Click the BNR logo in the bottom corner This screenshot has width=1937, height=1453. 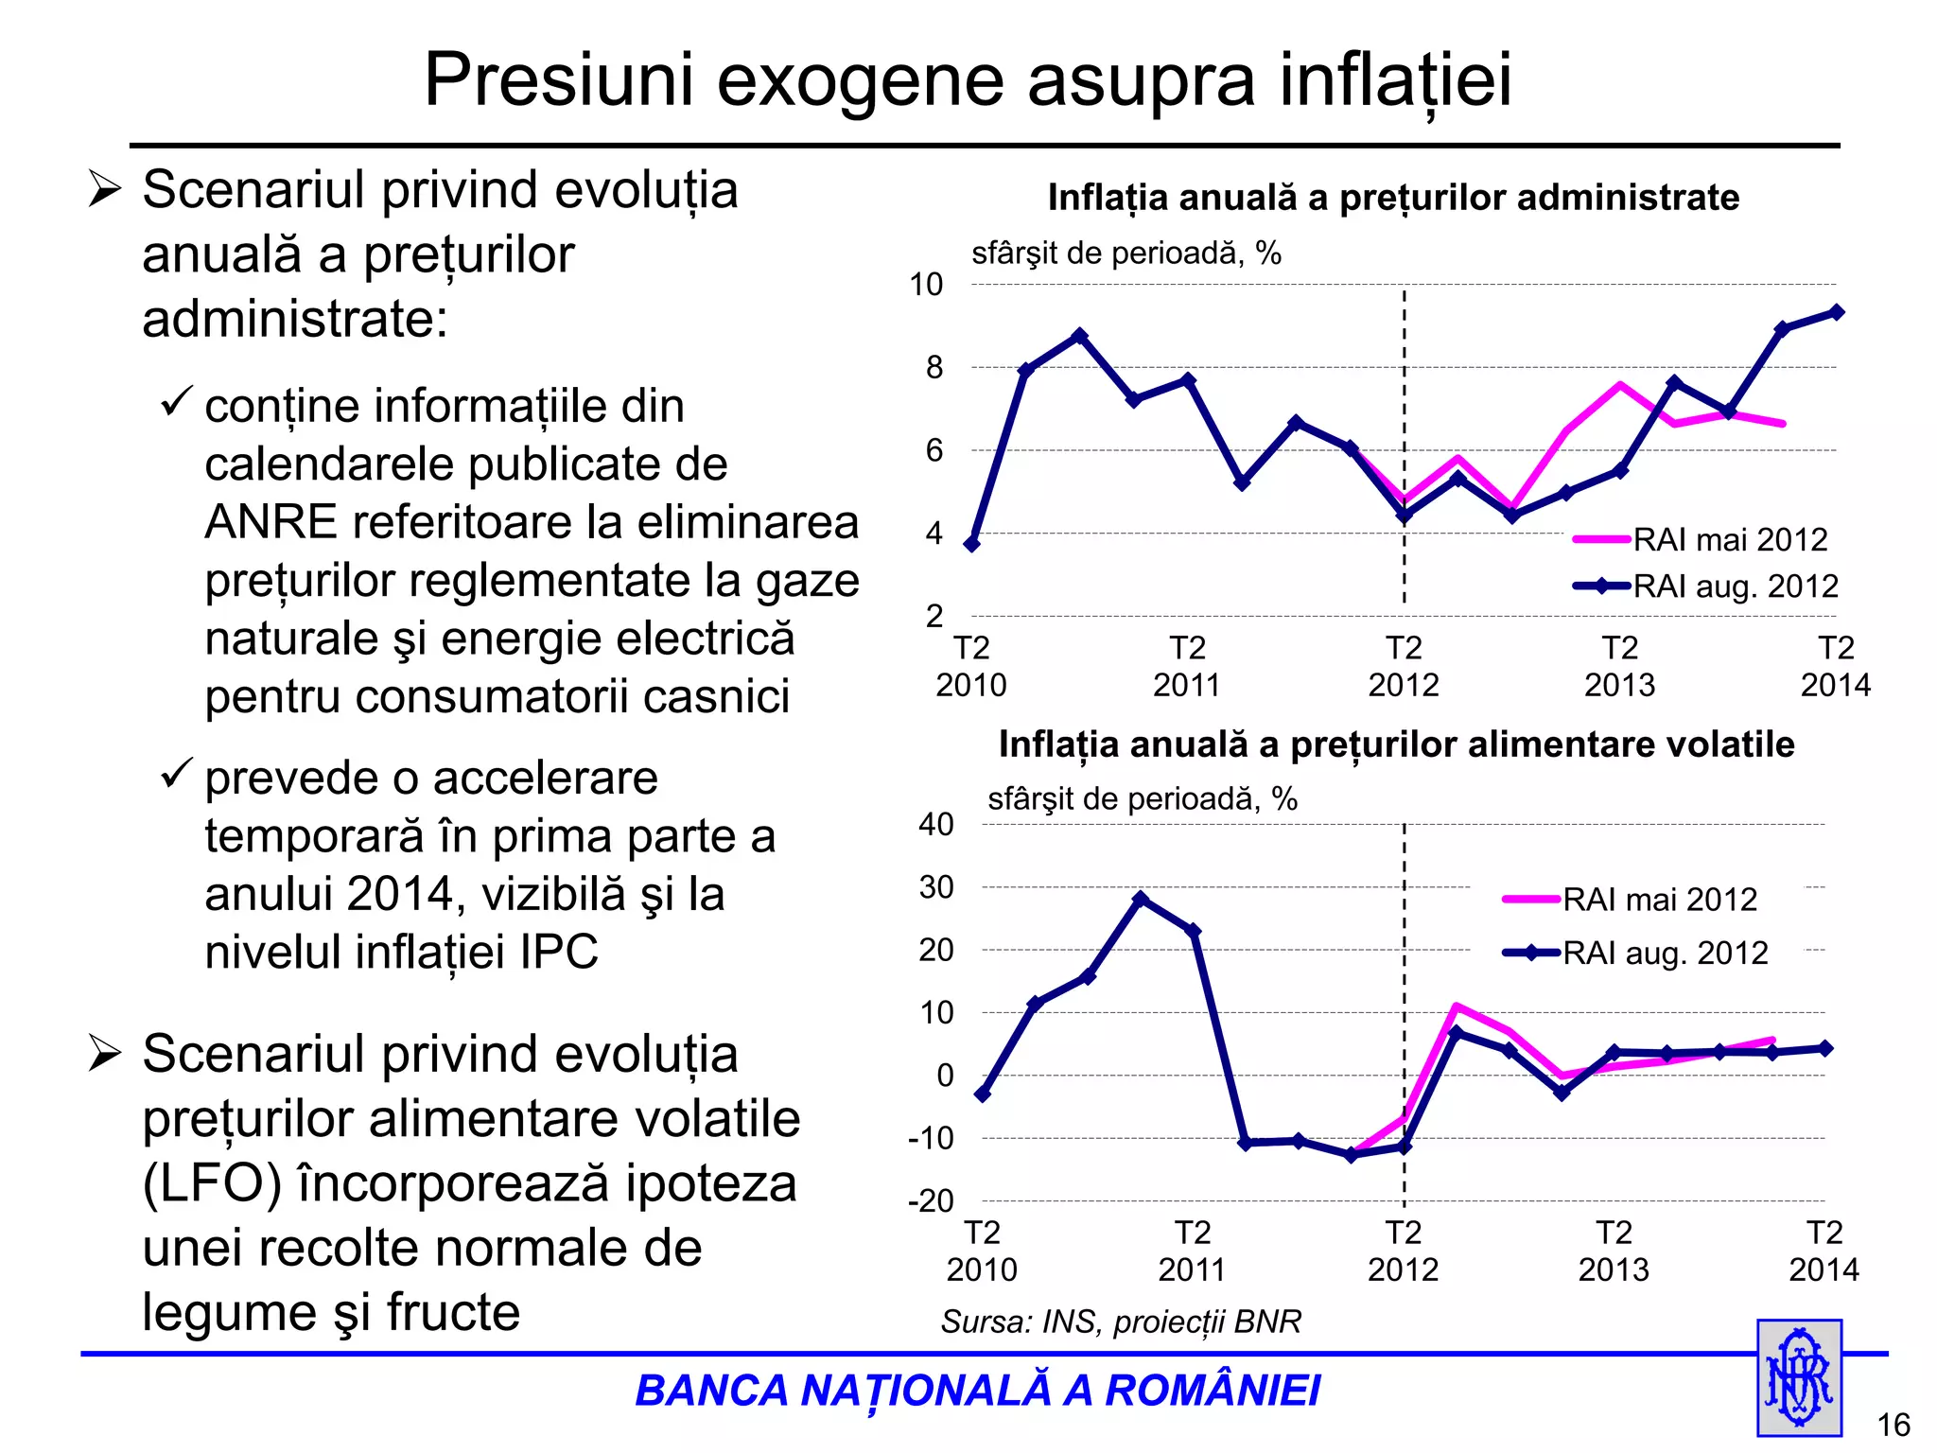pyautogui.click(x=1799, y=1377)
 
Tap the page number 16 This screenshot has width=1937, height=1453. pyautogui.click(x=1893, y=1425)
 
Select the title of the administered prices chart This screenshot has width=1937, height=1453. pyautogui.click(x=1393, y=198)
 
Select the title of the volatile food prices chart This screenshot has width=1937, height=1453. pyautogui.click(x=1396, y=744)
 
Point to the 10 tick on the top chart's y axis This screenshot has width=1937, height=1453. pyautogui.click(x=926, y=284)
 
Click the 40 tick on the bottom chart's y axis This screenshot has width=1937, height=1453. pyautogui.click(x=935, y=824)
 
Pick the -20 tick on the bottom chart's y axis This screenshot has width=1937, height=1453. pyautogui.click(x=931, y=1201)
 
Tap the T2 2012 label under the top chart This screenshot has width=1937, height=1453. pyautogui.click(x=1404, y=666)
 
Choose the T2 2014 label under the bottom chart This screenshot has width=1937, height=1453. pyautogui.click(x=1824, y=1251)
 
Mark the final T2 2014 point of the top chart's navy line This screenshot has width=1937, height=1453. pyautogui.click(x=1837, y=312)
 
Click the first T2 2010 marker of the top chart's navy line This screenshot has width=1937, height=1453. pyautogui.click(x=971, y=544)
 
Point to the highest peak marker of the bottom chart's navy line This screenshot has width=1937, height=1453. pyautogui.click(x=1141, y=899)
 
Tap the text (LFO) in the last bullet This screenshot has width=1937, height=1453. pyautogui.click(x=212, y=1183)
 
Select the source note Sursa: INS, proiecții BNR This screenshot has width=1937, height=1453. pyautogui.click(x=1121, y=1322)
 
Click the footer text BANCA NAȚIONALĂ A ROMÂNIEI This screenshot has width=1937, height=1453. pyautogui.click(x=977, y=1391)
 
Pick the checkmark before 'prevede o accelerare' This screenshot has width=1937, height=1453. pyautogui.click(x=176, y=774)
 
